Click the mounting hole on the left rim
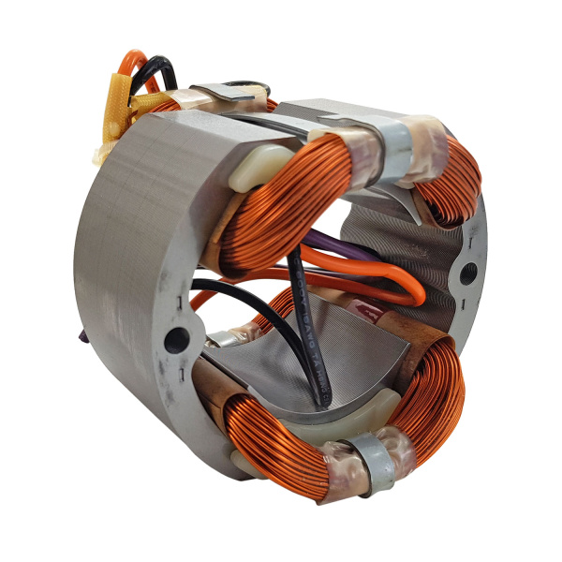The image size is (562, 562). [x=175, y=340]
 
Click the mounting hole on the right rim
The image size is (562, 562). [x=466, y=274]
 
